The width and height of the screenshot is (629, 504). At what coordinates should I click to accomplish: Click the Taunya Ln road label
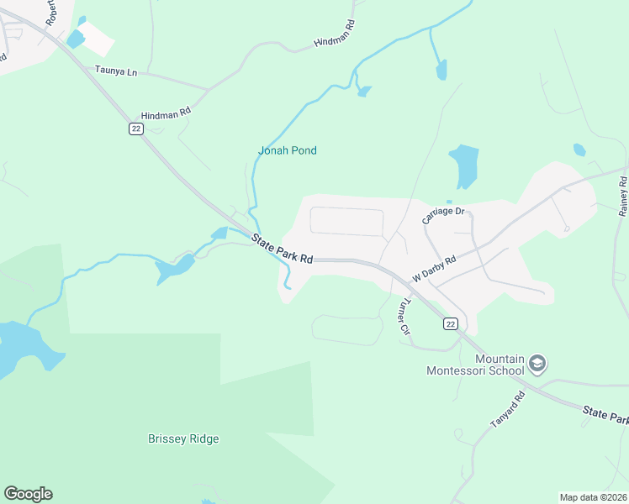coord(116,72)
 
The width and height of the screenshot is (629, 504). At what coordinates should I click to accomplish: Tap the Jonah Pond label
coord(287,151)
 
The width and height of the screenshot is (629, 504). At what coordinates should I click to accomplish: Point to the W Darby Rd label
coord(433,269)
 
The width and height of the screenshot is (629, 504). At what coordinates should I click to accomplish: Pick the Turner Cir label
coord(404,317)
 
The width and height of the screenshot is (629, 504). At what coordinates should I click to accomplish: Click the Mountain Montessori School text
coord(476,365)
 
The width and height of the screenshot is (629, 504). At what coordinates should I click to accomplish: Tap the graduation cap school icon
coord(537,364)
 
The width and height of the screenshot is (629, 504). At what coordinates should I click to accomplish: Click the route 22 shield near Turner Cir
coord(451,324)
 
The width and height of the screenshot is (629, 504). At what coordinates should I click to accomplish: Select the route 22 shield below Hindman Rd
coord(136,129)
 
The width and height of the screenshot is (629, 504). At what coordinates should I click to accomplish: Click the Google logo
coord(28,494)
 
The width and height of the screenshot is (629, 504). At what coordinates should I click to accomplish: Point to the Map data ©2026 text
coord(593,496)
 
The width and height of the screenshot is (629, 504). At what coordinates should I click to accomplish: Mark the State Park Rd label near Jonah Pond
coord(282,249)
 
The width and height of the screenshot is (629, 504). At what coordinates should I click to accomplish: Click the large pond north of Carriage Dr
coord(463,165)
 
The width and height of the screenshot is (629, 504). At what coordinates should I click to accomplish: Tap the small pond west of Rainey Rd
coord(579,150)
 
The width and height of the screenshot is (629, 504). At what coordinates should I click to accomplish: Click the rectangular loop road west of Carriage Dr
coord(346,222)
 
